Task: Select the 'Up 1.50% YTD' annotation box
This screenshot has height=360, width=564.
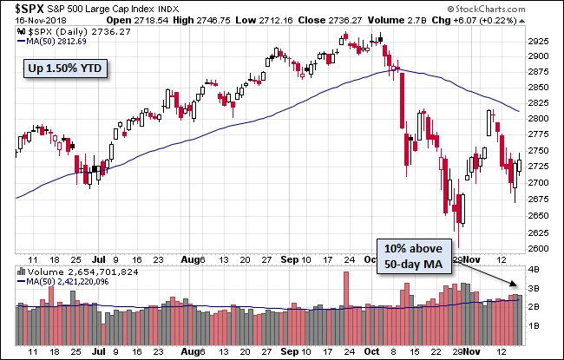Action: pos(65,68)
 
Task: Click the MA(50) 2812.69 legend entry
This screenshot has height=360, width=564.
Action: pos(52,40)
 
